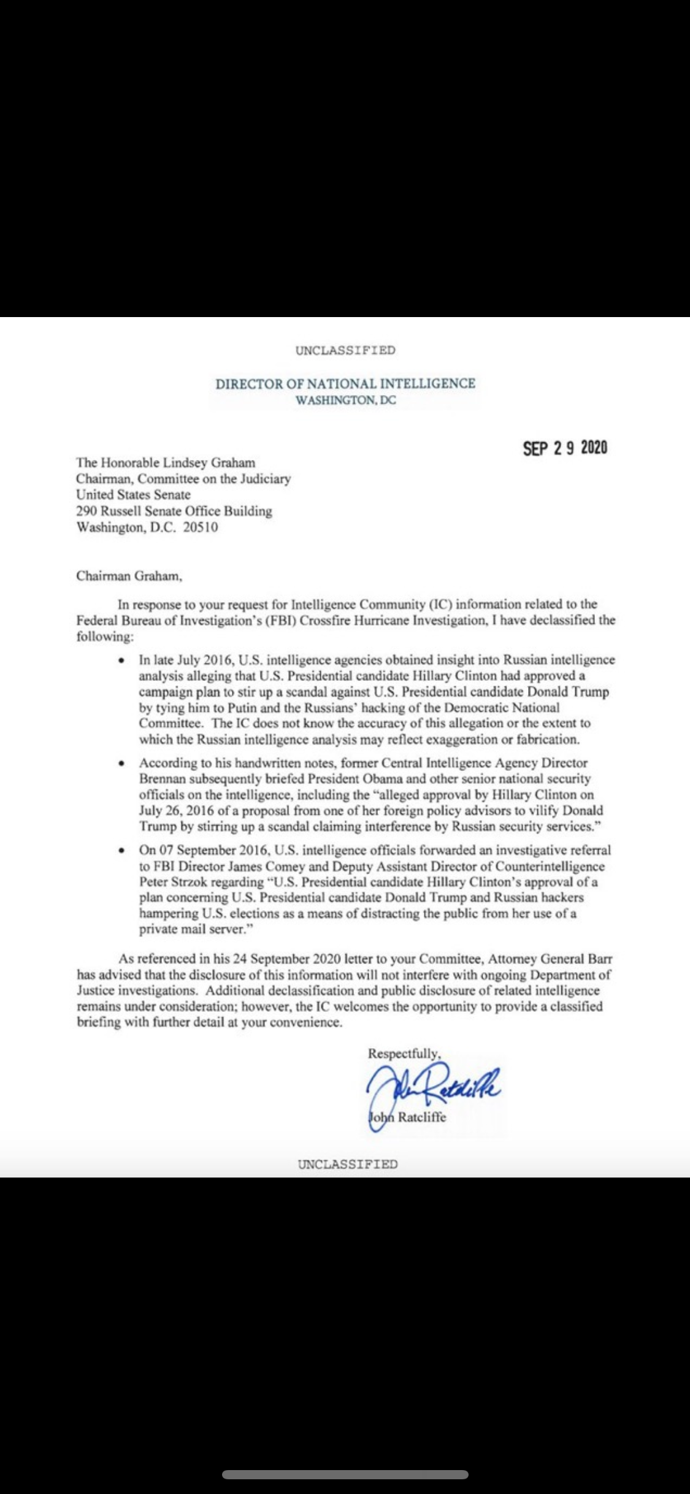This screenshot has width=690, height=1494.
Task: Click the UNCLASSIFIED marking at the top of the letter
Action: pyautogui.click(x=345, y=350)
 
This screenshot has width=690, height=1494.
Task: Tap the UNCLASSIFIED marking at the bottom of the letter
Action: pyautogui.click(x=348, y=1164)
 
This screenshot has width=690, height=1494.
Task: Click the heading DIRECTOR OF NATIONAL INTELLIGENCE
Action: pyautogui.click(x=345, y=384)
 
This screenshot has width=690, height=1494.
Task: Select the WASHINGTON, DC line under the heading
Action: pyautogui.click(x=345, y=400)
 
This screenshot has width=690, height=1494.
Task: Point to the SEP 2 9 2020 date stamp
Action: pyautogui.click(x=565, y=448)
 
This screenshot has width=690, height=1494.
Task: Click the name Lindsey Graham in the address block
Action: pyautogui.click(x=217, y=462)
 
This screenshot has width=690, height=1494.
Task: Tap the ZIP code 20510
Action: pyautogui.click(x=201, y=527)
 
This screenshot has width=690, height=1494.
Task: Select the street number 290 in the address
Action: pyautogui.click(x=86, y=511)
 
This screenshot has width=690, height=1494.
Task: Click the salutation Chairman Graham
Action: pyautogui.click(x=129, y=576)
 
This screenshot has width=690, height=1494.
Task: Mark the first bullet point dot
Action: pyautogui.click(x=123, y=661)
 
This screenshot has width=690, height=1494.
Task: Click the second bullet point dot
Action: pyautogui.click(x=123, y=764)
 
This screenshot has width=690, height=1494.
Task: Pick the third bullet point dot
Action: pyautogui.click(x=123, y=851)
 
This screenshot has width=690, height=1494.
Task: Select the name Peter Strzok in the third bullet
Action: pyautogui.click(x=175, y=882)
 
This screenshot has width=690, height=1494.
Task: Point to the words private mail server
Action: pyautogui.click(x=191, y=929)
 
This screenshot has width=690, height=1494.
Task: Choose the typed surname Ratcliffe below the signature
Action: pyautogui.click(x=422, y=1117)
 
